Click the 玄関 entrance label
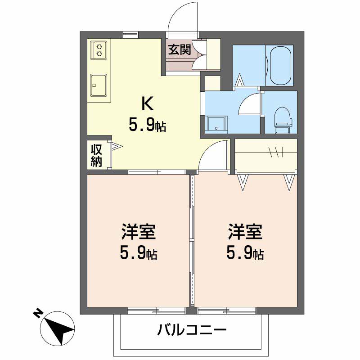[x=179, y=49]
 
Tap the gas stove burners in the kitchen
[x=99, y=49]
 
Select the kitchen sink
[x=99, y=85]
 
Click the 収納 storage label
[x=97, y=156]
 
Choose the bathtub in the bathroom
[x=280, y=65]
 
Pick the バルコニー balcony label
[x=191, y=331]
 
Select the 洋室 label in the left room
[x=138, y=233]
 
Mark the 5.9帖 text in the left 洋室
[x=138, y=254]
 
